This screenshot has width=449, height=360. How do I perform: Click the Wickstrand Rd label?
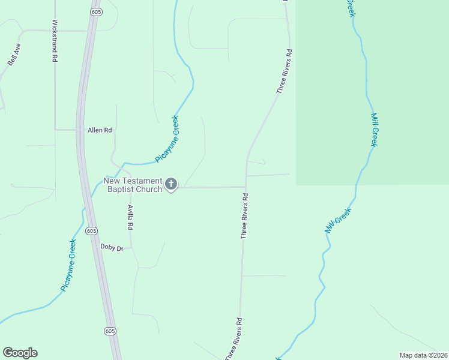54,41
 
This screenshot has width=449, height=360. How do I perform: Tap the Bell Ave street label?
14,54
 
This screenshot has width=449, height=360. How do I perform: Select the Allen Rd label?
100,130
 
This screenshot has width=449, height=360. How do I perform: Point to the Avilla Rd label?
130,217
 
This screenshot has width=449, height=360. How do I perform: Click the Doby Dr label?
111,247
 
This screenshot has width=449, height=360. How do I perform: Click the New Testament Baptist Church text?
133,185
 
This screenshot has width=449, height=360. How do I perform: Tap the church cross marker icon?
171,184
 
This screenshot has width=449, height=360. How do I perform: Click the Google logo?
20,353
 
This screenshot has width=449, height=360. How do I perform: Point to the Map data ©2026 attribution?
423,355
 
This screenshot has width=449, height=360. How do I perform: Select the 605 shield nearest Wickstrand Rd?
95,12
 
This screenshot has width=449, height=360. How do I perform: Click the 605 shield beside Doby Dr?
91,230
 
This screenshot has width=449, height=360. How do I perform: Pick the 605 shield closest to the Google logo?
109,331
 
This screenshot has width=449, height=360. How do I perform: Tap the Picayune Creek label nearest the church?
167,139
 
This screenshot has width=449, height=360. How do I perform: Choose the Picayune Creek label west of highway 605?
68,265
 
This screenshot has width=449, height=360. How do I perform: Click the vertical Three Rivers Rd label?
244,216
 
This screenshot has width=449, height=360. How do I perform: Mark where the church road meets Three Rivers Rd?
245,187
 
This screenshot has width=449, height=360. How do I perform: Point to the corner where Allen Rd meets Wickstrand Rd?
55,130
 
